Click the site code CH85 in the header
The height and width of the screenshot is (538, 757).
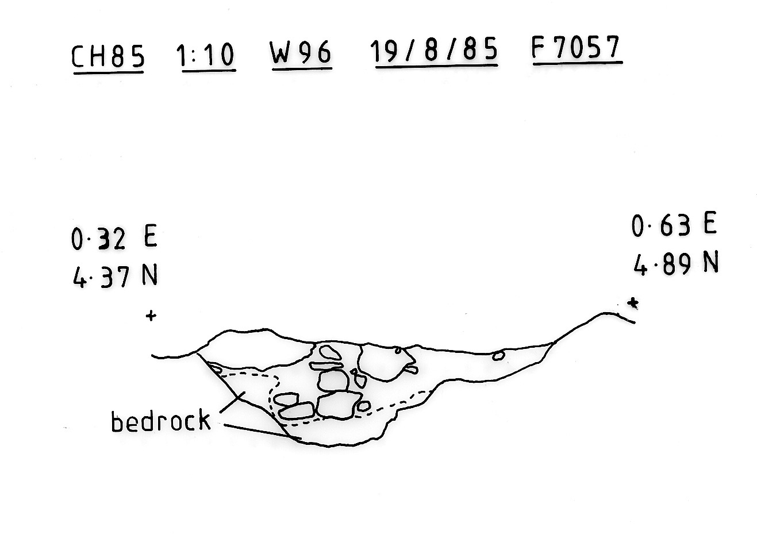107,56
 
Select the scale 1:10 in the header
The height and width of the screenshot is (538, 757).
205,56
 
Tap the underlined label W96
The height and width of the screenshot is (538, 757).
301,53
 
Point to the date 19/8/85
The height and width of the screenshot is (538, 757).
435,51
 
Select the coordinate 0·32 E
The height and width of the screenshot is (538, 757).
114,239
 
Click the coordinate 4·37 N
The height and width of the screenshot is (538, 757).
115,278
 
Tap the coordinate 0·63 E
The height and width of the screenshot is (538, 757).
674,225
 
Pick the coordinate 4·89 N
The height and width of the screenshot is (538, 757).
676,264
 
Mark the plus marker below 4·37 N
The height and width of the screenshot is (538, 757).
151,316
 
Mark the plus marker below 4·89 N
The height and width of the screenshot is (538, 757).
633,303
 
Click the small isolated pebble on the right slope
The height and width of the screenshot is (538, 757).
498,356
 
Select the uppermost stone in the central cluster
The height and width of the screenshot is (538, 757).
330,352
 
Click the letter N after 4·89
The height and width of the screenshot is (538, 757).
711,263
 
